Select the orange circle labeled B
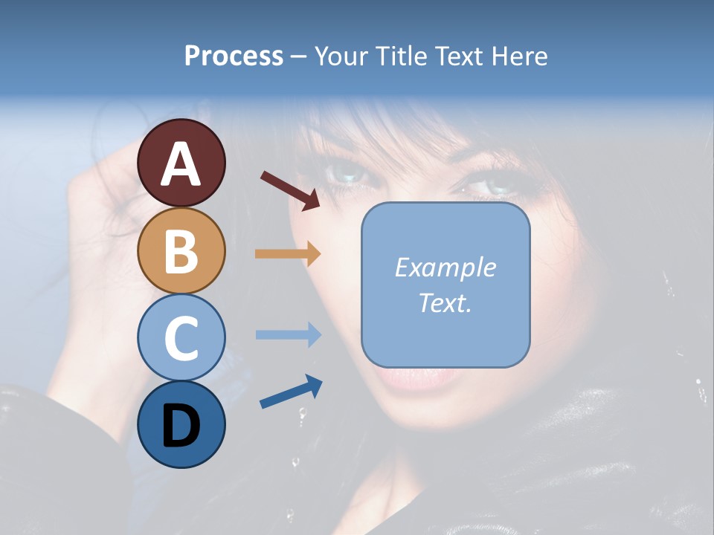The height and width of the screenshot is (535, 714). [x=181, y=250]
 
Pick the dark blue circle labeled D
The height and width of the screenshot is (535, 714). [x=181, y=424]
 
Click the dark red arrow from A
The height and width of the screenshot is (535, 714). [x=290, y=190]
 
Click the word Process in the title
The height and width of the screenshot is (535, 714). [x=234, y=56]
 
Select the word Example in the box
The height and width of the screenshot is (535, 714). [x=445, y=267]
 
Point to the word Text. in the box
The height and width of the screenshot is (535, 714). [x=445, y=302]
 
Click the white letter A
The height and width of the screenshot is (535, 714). [x=181, y=165]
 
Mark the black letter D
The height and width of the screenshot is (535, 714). [x=181, y=427]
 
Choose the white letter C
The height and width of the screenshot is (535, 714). [x=181, y=338]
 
